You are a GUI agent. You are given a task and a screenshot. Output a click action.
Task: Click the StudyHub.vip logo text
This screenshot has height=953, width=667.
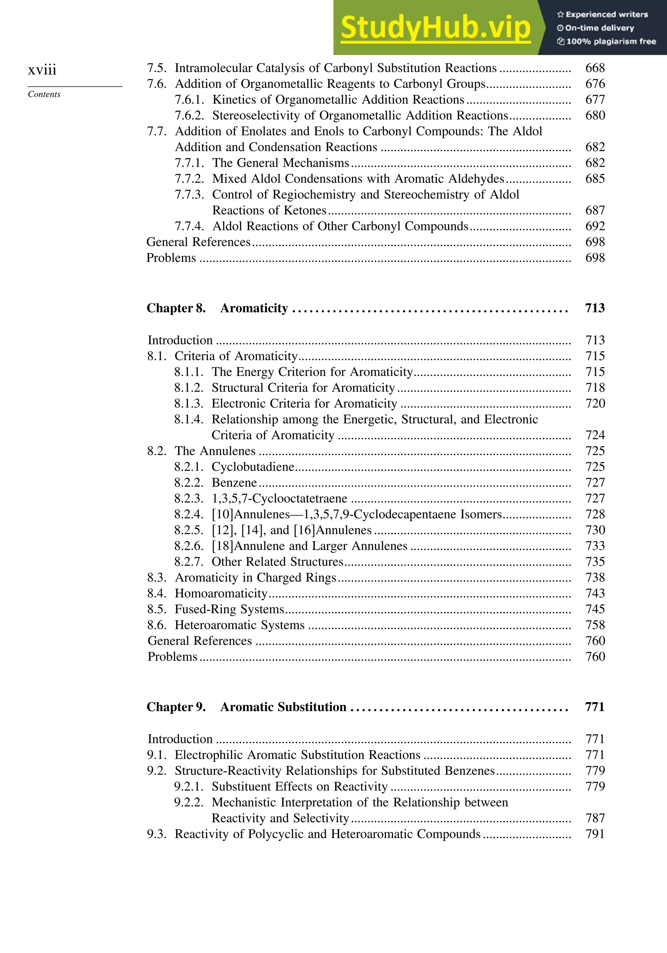click(x=435, y=28)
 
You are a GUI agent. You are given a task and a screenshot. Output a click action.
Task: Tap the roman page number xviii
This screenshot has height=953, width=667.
click(x=42, y=69)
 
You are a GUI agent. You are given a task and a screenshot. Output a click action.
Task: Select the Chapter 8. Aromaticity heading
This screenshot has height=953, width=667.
click(x=217, y=308)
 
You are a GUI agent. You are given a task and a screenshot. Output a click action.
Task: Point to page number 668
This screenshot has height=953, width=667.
click(x=595, y=68)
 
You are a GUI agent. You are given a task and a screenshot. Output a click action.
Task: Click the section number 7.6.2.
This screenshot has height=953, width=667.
click(x=189, y=115)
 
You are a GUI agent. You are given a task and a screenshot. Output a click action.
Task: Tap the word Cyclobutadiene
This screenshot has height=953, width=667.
click(x=253, y=467)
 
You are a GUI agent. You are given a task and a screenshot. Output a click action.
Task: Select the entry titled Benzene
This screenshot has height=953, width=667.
click(x=234, y=483)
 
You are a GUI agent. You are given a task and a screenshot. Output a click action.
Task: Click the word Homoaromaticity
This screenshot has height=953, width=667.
click(x=221, y=593)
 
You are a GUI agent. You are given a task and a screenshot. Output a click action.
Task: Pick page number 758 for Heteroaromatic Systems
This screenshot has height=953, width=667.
click(x=595, y=625)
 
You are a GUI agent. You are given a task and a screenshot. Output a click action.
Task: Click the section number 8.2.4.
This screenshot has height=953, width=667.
click(x=189, y=514)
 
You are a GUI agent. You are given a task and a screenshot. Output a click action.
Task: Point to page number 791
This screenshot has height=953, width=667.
click(x=595, y=834)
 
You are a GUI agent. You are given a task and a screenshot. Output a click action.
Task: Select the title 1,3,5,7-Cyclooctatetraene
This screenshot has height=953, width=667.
click(x=279, y=499)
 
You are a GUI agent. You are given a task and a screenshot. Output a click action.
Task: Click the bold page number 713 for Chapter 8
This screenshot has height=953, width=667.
click(x=594, y=308)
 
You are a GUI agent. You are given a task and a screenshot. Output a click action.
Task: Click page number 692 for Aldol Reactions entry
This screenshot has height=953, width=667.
click(x=595, y=226)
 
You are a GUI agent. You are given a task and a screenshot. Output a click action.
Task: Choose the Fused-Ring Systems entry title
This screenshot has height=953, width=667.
click(x=229, y=609)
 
